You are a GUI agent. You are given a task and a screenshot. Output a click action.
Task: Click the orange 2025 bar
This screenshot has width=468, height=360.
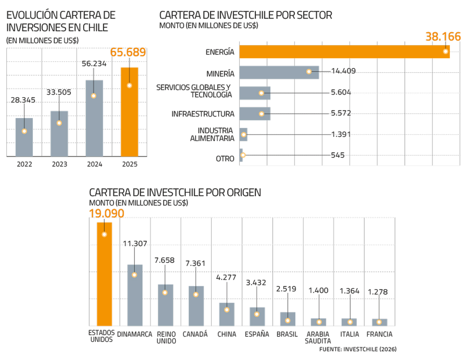pyautogui.click(x=129, y=113)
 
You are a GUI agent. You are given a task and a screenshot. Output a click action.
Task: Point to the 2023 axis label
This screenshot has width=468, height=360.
pyautogui.click(x=59, y=165)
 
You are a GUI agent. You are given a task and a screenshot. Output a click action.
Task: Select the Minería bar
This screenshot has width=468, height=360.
pyautogui.click(x=279, y=73)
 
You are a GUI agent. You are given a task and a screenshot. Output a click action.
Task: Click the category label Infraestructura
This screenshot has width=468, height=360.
pyautogui.click(x=203, y=114)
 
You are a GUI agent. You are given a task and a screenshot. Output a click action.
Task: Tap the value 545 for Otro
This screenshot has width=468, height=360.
pyautogui.click(x=337, y=155)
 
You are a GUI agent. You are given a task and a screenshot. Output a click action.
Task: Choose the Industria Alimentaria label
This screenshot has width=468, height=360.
pyautogui.click(x=216, y=134)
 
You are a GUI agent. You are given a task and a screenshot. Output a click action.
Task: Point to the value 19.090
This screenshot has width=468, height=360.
pyautogui.click(x=106, y=214)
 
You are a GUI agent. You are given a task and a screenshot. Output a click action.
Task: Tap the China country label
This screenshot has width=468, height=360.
pyautogui.click(x=227, y=334)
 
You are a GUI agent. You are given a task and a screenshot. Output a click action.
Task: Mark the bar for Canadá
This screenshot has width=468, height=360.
pyautogui.click(x=196, y=306)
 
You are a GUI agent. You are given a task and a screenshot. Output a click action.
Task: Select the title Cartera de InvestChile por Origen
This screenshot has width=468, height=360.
pyautogui.click(x=175, y=192)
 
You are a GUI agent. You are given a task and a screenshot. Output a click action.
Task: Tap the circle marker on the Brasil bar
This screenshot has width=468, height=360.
pyautogui.click(x=288, y=321)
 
